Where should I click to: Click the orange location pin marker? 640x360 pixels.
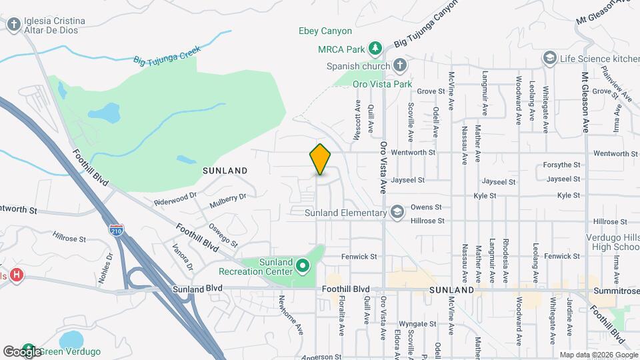[x=320, y=159]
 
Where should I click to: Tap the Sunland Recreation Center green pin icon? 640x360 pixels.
[x=303, y=267]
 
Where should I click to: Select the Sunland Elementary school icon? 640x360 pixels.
[x=397, y=213]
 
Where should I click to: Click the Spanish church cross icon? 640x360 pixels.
[x=399, y=65]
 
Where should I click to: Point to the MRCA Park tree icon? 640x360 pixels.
[x=376, y=49]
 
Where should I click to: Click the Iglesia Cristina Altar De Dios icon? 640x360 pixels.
[x=13, y=25]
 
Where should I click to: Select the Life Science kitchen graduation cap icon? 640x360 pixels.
[x=549, y=59]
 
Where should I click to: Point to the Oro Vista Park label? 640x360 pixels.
[x=382, y=84]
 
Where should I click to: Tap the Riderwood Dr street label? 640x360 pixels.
[x=176, y=198]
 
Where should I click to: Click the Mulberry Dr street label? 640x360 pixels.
[x=227, y=197]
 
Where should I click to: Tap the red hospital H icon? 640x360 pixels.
[x=16, y=275]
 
